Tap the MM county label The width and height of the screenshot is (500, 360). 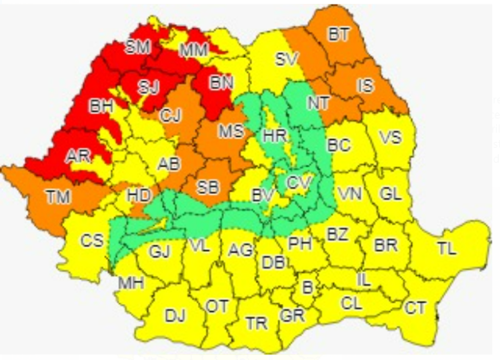(194, 49)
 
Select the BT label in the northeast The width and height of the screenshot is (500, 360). (339, 35)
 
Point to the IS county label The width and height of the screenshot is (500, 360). (365, 85)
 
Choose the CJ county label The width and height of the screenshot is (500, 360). (171, 115)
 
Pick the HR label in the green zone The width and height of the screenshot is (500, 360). (275, 135)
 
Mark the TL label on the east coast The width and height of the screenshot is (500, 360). (447, 249)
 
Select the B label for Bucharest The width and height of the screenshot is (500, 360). (307, 288)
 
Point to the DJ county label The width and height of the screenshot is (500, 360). (175, 315)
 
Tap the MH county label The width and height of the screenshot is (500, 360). (131, 283)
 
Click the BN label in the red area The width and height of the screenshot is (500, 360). (218, 84)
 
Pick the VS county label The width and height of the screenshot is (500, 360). (391, 137)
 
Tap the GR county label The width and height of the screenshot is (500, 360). (292, 315)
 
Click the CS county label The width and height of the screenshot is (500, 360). (92, 240)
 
